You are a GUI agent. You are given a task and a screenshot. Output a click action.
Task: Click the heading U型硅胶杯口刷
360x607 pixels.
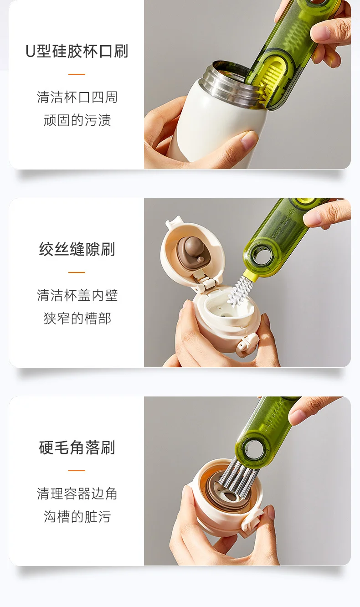(77, 51)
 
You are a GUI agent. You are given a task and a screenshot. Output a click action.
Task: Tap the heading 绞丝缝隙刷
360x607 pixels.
(77, 249)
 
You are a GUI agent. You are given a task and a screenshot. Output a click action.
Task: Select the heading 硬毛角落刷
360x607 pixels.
(77, 448)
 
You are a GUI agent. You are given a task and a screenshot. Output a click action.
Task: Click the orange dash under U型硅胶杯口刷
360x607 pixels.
(77, 74)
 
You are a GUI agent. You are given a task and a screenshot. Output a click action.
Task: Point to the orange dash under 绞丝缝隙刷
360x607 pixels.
(77, 273)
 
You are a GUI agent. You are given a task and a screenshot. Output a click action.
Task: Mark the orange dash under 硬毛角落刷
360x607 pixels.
(77, 471)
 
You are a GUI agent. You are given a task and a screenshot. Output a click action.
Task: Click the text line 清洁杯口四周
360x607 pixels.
(77, 97)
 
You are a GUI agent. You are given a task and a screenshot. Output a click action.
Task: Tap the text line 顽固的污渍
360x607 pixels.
(77, 120)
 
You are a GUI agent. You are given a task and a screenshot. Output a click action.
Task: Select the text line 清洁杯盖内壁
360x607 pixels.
(77, 295)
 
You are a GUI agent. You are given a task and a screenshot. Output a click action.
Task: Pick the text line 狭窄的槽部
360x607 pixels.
(77, 318)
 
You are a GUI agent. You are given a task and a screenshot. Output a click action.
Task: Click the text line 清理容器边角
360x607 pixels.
(77, 494)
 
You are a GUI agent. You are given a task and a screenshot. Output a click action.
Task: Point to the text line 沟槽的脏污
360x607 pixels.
(77, 516)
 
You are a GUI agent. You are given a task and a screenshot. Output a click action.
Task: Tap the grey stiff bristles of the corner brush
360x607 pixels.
(237, 479)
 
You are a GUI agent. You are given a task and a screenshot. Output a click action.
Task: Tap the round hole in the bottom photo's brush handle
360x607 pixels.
(253, 450)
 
